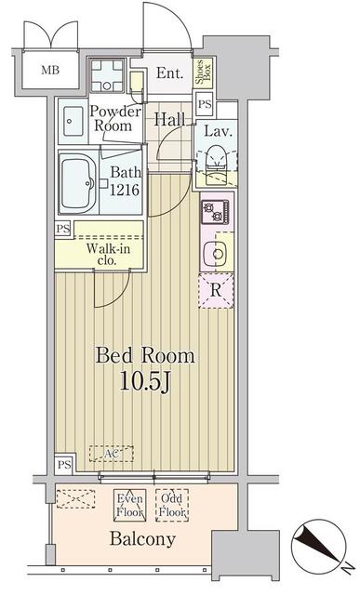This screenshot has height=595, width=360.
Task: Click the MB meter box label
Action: click(x=50, y=71)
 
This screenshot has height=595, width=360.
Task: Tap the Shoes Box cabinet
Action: click(x=203, y=73)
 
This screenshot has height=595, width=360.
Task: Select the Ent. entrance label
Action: click(x=169, y=73)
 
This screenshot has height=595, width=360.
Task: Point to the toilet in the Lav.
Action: click(x=217, y=164)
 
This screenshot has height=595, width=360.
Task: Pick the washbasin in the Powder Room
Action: click(x=73, y=122)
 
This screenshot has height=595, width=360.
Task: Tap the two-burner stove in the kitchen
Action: click(x=215, y=212)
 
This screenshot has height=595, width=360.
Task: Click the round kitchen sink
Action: click(x=215, y=254)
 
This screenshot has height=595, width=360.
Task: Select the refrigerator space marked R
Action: click(x=216, y=291)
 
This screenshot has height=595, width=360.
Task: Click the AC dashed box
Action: click(x=112, y=454)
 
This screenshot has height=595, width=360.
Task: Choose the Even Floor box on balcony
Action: click(x=130, y=505)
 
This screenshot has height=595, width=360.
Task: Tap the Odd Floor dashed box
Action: click(x=172, y=505)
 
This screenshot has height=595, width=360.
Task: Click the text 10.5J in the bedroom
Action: click(x=144, y=381)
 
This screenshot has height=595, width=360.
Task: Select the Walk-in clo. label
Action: click(x=108, y=254)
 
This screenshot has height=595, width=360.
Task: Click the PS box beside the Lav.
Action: click(x=205, y=104)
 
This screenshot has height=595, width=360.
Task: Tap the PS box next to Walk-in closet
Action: click(x=63, y=230)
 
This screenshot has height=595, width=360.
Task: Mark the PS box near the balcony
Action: click(x=64, y=464)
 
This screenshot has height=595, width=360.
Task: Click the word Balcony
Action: click(x=142, y=539)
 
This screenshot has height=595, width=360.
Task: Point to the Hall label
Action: click(x=169, y=120)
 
